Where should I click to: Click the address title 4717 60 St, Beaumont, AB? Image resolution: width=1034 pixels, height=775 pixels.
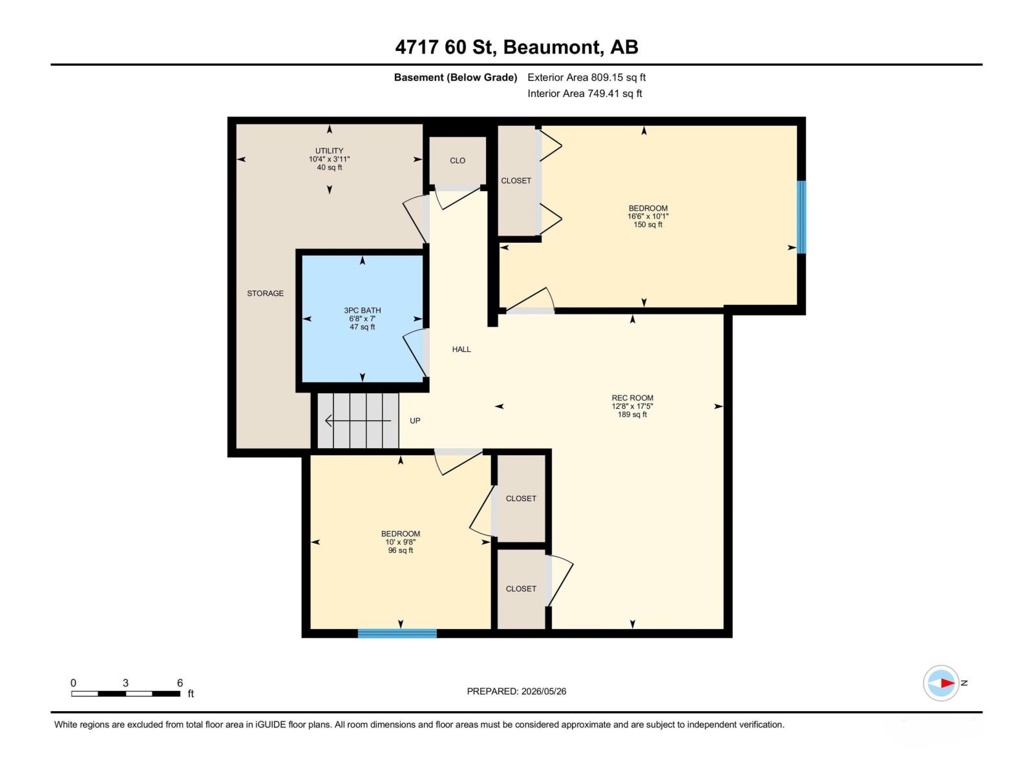516,47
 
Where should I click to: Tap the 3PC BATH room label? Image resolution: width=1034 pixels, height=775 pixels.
363,310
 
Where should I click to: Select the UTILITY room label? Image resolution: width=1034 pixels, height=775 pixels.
330,151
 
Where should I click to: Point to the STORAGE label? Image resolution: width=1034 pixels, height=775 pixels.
265,293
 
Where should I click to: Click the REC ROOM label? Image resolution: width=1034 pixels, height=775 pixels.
632,398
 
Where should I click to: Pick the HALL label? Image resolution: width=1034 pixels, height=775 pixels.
461,349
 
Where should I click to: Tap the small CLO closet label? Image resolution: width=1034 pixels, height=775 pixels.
458,160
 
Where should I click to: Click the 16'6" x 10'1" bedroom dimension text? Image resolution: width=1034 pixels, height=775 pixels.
648,216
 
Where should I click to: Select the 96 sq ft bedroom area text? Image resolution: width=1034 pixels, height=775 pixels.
401,550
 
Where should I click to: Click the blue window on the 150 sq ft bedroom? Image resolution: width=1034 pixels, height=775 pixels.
801,217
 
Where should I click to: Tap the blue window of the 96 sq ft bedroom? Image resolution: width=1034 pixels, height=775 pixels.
397,634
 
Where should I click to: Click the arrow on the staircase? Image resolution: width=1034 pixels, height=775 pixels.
358,420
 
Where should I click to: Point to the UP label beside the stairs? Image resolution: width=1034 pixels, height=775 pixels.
414,420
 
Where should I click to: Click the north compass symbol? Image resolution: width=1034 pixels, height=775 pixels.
941,683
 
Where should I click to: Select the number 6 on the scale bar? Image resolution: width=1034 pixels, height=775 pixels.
180,683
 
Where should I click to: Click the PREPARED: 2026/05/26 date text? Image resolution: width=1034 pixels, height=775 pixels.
516,691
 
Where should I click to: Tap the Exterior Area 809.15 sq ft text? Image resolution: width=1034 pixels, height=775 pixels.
587,77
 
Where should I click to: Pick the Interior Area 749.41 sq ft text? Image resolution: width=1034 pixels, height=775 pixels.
585,93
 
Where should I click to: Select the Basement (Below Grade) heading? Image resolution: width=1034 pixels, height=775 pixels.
456,77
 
